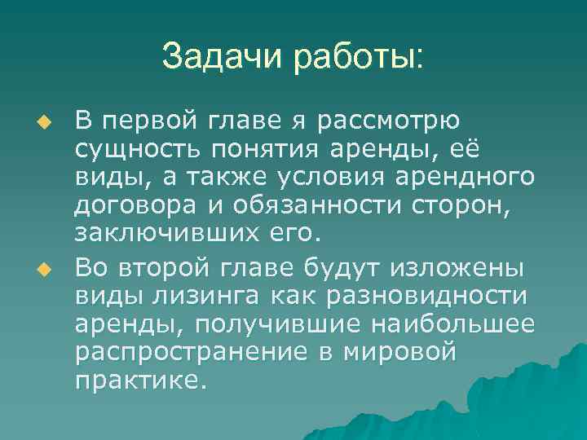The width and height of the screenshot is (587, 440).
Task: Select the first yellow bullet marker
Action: pos(46,122)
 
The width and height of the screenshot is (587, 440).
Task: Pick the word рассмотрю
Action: pos(391,122)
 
